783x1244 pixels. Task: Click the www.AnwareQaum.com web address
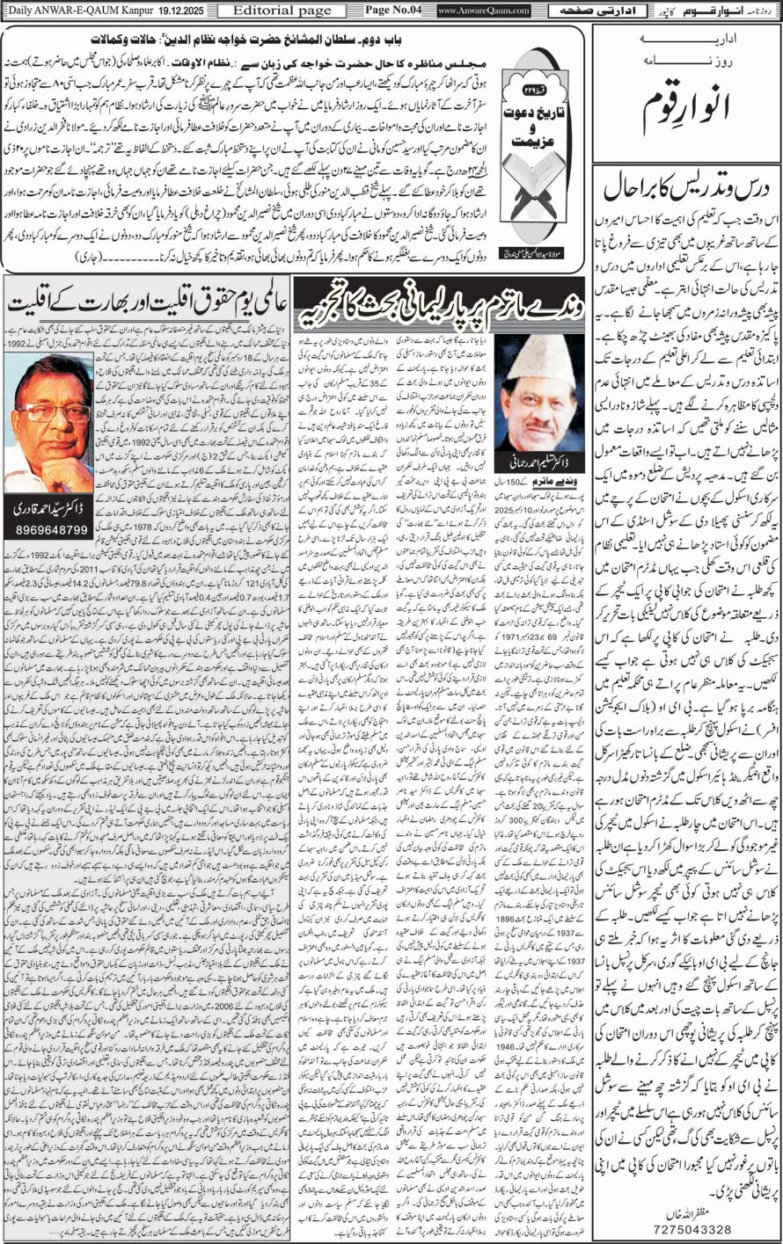(483, 11)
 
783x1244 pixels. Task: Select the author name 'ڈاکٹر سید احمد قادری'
(48, 509)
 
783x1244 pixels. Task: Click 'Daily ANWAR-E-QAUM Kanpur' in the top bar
(66, 11)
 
